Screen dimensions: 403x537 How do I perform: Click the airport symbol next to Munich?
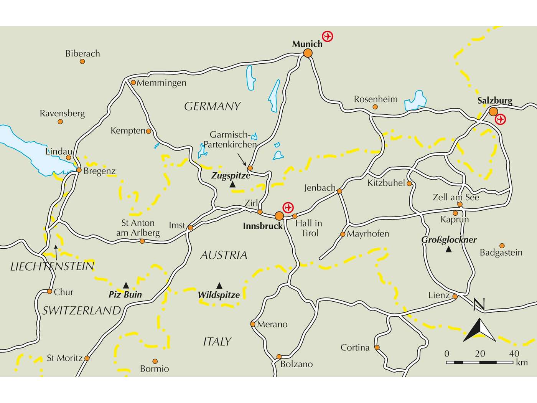(x=327, y=36)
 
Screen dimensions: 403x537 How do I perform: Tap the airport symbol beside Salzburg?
(x=500, y=119)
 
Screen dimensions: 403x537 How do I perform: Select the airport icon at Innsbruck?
(x=288, y=208)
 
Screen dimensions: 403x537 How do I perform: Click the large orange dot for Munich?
(x=308, y=53)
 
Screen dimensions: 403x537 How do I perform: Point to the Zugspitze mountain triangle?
(x=232, y=185)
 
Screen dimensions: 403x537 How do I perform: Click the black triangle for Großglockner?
(x=448, y=250)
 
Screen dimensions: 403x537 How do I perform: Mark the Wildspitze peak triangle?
(x=219, y=286)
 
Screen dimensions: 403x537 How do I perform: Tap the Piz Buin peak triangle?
(x=126, y=285)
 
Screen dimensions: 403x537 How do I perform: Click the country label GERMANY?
(x=212, y=106)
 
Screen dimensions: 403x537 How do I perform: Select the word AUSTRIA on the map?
(x=224, y=255)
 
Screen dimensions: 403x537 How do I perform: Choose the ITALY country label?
(x=217, y=342)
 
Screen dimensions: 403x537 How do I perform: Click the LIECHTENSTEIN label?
(x=52, y=266)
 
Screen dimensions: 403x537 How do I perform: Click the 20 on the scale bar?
(x=480, y=353)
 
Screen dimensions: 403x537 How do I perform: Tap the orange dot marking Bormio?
(x=155, y=361)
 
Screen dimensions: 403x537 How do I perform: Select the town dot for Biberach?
(x=82, y=61)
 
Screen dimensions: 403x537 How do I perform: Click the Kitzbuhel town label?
(x=386, y=183)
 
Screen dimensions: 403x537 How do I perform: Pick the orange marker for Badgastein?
(x=502, y=246)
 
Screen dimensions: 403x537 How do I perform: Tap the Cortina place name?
(x=355, y=348)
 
